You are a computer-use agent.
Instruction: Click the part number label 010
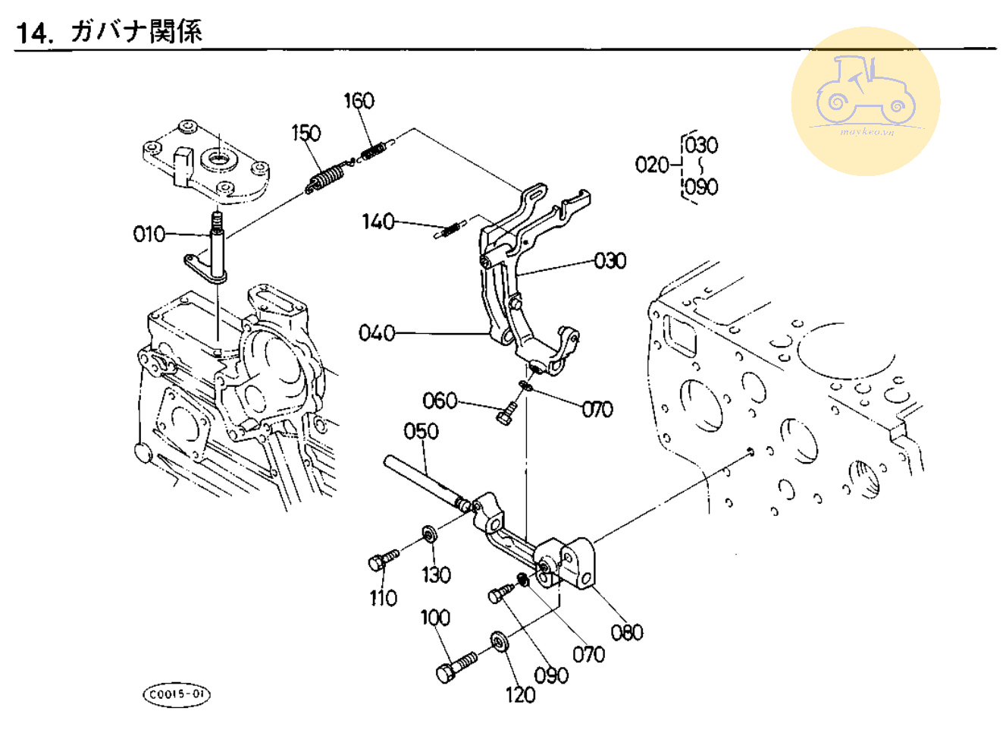click(x=149, y=234)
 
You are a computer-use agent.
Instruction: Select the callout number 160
click(x=359, y=100)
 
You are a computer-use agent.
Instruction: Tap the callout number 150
click(x=306, y=133)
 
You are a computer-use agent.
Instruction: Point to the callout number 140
click(x=378, y=222)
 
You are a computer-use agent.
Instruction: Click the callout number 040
click(x=376, y=332)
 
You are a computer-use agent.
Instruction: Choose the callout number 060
click(x=440, y=400)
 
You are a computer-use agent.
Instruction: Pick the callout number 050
click(x=421, y=431)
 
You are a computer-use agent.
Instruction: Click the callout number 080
click(x=626, y=632)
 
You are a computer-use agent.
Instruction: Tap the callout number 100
click(x=435, y=617)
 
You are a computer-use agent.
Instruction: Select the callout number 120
click(x=520, y=694)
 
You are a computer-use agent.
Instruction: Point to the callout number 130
click(x=436, y=574)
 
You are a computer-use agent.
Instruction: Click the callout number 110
click(x=383, y=598)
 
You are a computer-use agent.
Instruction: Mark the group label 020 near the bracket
click(x=652, y=164)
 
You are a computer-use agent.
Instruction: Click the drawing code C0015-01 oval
click(x=177, y=694)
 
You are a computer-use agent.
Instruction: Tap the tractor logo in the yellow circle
click(x=865, y=94)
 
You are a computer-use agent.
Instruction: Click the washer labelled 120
click(x=499, y=640)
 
